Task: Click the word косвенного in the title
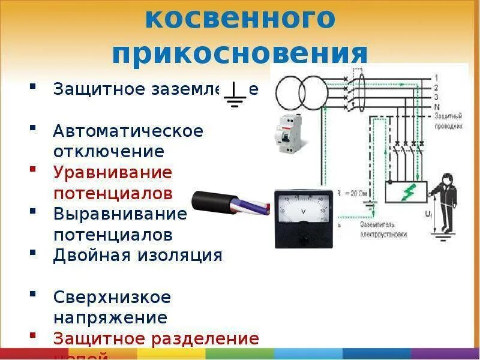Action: pos(240,19)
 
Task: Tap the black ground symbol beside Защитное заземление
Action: pos(235,95)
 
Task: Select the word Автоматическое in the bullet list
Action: pos(128,131)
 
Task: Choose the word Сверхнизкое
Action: pos(112,296)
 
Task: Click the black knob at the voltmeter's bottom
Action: pos(302,239)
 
